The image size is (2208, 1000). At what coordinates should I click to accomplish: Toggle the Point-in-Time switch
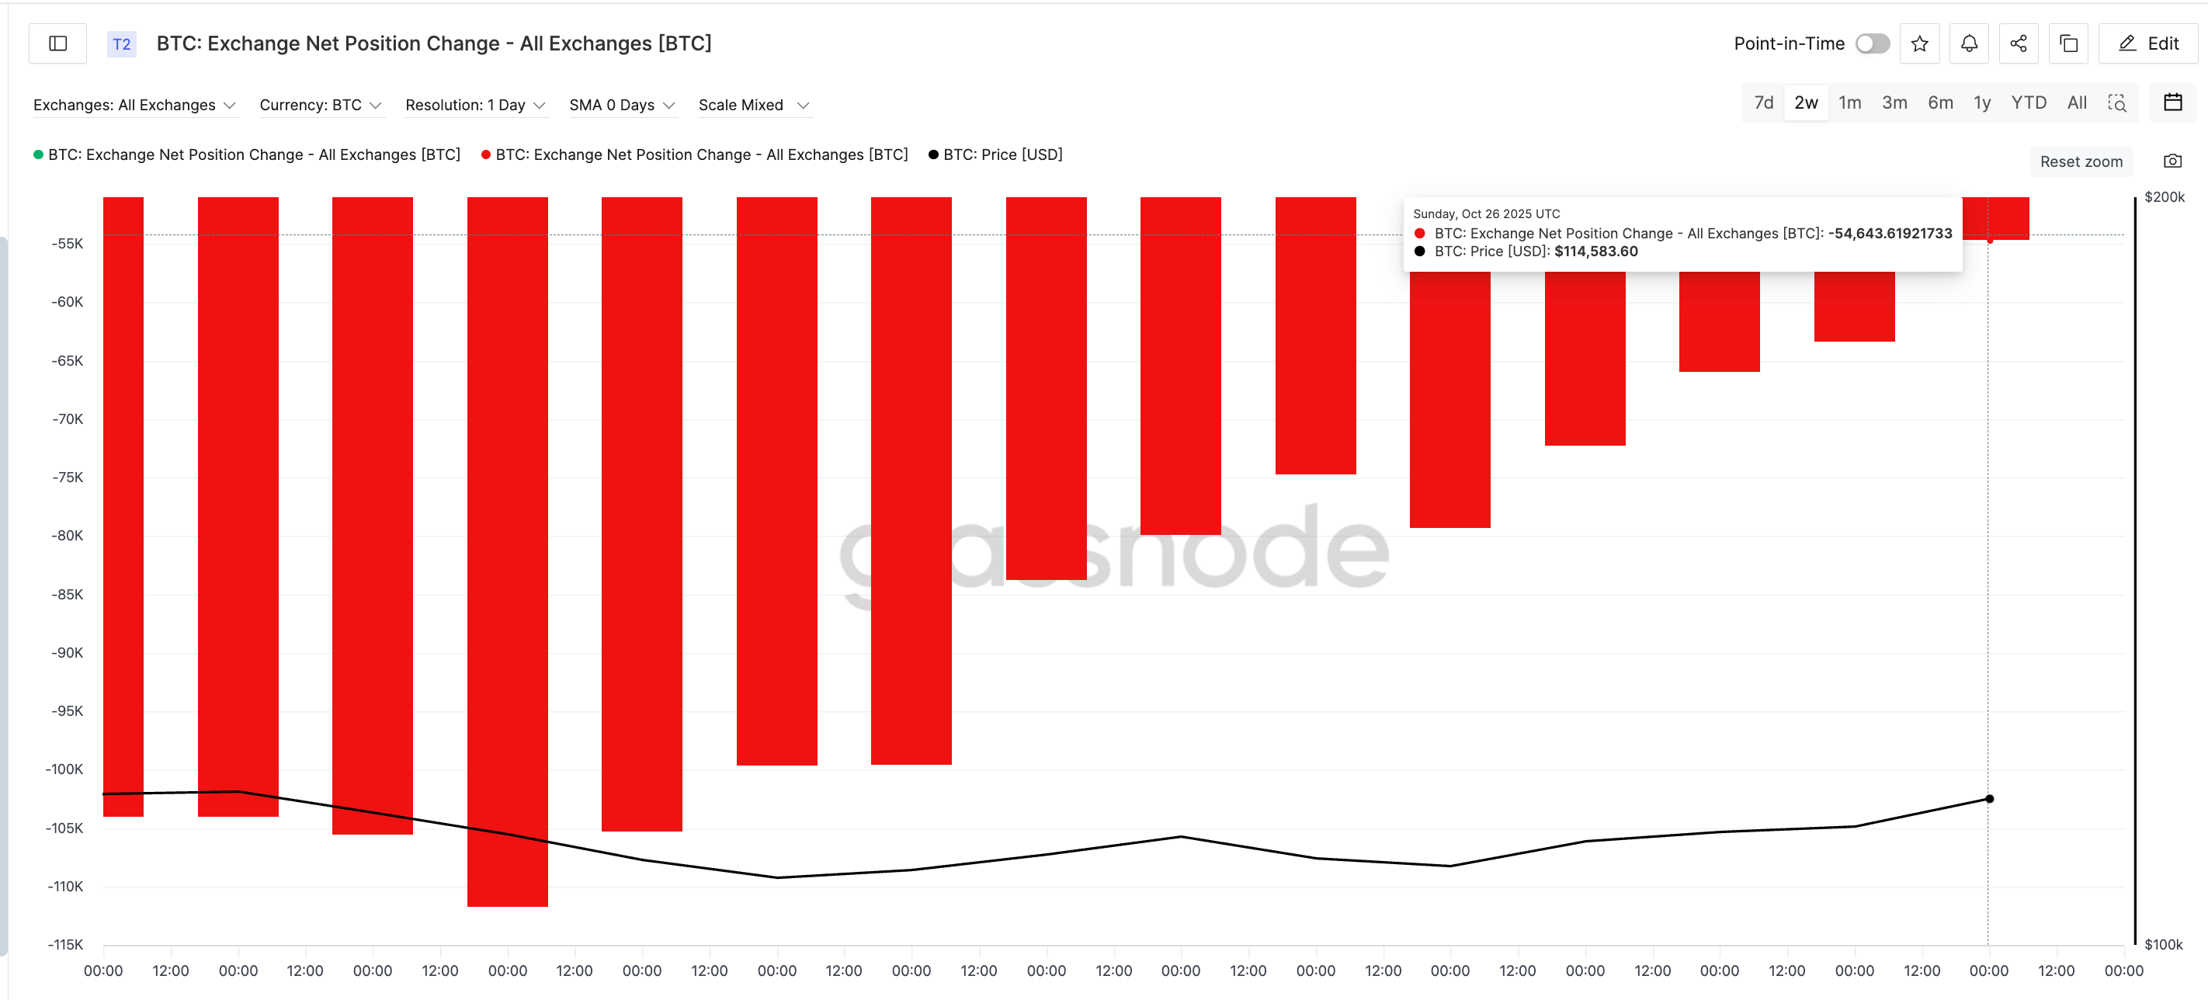tap(1872, 43)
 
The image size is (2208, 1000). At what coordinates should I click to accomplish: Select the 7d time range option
tap(1763, 102)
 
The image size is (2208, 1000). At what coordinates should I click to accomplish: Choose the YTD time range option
tap(2028, 102)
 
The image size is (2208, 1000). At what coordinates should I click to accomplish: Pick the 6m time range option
tap(1939, 102)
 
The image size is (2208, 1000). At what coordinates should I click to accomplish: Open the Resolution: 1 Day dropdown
tap(475, 105)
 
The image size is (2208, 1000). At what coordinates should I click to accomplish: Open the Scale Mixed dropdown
tap(752, 105)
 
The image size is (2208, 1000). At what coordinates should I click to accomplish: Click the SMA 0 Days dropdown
tap(621, 105)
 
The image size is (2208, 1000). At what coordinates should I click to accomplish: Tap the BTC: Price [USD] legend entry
tap(1002, 155)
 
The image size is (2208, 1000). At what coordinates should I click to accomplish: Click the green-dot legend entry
tap(253, 155)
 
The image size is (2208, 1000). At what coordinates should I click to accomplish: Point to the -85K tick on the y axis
tap(67, 594)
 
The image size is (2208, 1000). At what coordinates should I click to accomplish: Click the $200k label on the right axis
tap(2164, 197)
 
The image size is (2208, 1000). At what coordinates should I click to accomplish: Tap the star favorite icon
tap(1919, 43)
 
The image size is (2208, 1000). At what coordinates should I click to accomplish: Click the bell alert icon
tap(1969, 43)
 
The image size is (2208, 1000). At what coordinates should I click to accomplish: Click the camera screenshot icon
tap(2172, 161)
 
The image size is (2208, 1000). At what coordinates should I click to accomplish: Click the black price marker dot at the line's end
tap(1989, 799)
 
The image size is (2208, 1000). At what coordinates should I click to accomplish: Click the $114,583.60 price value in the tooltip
tap(1595, 251)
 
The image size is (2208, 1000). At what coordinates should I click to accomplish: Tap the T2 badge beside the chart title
tap(122, 43)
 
